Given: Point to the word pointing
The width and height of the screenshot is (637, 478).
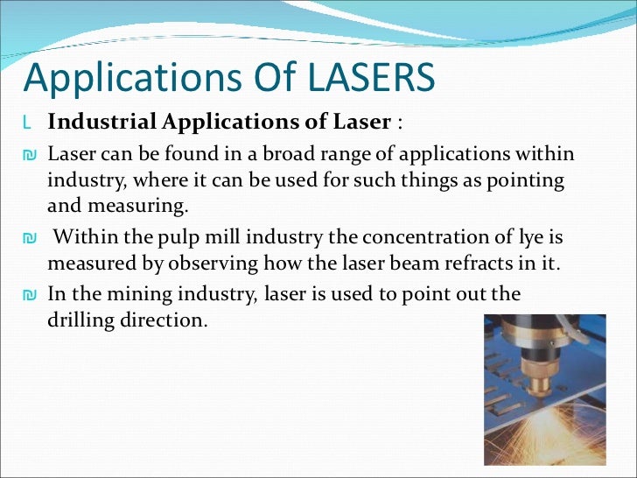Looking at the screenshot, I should tap(530, 182).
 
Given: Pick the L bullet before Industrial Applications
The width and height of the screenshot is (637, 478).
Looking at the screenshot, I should tap(28, 121).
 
